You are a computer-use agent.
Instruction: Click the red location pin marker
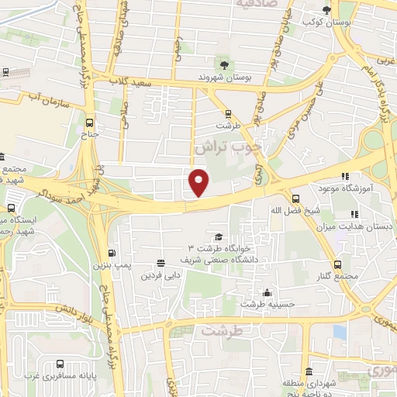point(200,181)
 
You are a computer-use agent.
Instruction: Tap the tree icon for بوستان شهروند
point(225,64)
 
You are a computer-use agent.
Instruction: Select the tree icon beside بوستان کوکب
point(328,10)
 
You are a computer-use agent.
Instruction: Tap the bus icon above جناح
point(91,122)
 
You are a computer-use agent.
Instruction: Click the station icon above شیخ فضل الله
point(295,198)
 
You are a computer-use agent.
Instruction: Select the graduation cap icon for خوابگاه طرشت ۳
point(219,236)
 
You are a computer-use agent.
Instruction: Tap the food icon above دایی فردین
point(161,263)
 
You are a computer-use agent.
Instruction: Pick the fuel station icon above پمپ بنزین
point(113,253)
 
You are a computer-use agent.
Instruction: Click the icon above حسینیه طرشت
point(268,292)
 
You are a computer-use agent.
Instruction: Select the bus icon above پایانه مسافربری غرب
point(60,364)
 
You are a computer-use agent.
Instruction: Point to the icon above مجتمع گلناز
point(337,265)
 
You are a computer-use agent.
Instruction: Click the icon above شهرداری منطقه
point(309,370)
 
